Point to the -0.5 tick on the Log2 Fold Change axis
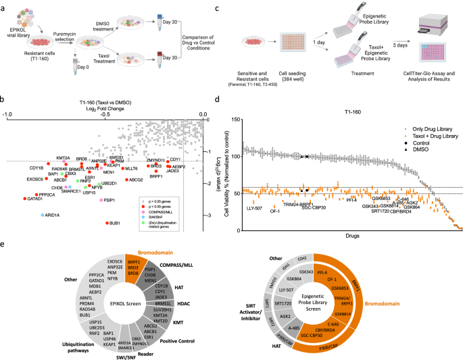point(105,115)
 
